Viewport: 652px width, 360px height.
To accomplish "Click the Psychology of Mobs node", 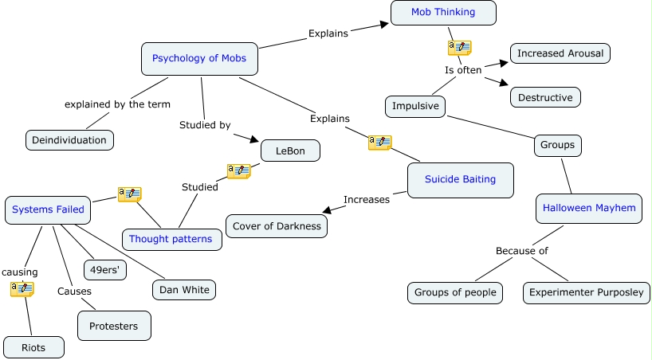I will click(199, 58).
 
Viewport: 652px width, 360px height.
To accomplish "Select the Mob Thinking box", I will click(443, 12).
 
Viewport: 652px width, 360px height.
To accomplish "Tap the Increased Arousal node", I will click(560, 54).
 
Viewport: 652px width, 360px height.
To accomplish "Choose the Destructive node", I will click(545, 97).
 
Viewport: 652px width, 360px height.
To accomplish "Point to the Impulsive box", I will click(415, 106).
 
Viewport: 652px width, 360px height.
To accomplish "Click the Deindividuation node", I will click(69, 140).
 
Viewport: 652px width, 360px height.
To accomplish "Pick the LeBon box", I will click(290, 150).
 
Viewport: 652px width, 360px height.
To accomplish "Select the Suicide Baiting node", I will click(460, 179).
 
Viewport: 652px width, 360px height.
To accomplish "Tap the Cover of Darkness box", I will click(277, 226).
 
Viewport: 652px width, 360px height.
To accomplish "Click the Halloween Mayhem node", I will click(589, 209).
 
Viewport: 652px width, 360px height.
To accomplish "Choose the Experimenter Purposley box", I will click(587, 292).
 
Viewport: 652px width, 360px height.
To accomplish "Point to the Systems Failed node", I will click(48, 209).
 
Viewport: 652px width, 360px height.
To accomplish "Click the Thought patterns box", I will click(171, 239).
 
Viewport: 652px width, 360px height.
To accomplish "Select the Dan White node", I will click(184, 290).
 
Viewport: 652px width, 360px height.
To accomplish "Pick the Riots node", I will click(33, 347).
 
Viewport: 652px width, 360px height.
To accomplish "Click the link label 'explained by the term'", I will click(118, 104).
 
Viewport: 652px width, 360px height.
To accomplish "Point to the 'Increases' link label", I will click(366, 199).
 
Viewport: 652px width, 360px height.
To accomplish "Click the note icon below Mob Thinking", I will click(460, 48).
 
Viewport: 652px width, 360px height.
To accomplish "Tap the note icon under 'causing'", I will click(22, 288).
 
